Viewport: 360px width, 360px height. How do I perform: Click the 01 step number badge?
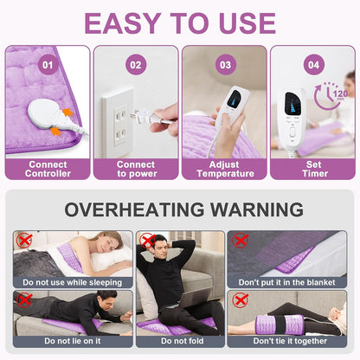pos(48,65)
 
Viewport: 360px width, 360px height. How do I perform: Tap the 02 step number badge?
pos(136,65)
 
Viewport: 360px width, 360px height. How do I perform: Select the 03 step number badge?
pos(226,65)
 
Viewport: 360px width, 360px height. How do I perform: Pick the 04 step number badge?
pos(314,65)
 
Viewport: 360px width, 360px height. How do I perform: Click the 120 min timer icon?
pos(331,95)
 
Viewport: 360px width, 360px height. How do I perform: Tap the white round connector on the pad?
pos(45,112)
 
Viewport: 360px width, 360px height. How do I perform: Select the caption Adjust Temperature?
pos(225,169)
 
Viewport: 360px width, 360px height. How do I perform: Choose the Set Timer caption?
pos(314,169)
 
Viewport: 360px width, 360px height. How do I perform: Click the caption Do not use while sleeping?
pos(72,282)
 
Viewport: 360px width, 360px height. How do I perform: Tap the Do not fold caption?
pos(183,341)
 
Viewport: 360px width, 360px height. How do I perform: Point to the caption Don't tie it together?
pos(290,341)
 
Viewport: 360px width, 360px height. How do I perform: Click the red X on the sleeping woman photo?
pos(24,241)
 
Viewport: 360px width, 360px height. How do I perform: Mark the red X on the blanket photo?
pos(241,241)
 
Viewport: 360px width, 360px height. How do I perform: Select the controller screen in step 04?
pos(293,103)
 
